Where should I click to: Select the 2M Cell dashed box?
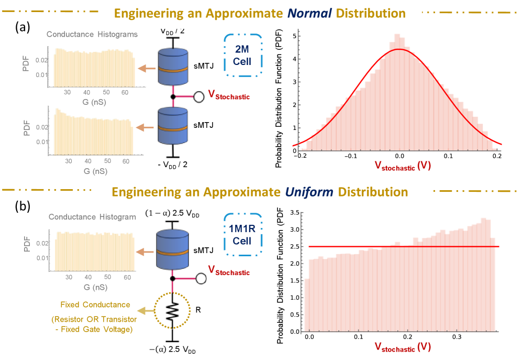tap(243, 55)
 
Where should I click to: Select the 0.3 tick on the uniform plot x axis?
tap(457, 336)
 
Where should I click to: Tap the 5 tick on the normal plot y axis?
tap(295, 36)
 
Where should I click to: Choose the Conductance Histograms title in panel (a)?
tap(92, 35)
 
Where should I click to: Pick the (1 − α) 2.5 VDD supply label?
tap(172, 214)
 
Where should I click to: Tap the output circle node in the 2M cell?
tap(199, 96)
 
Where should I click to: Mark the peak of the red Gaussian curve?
tap(399, 49)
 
